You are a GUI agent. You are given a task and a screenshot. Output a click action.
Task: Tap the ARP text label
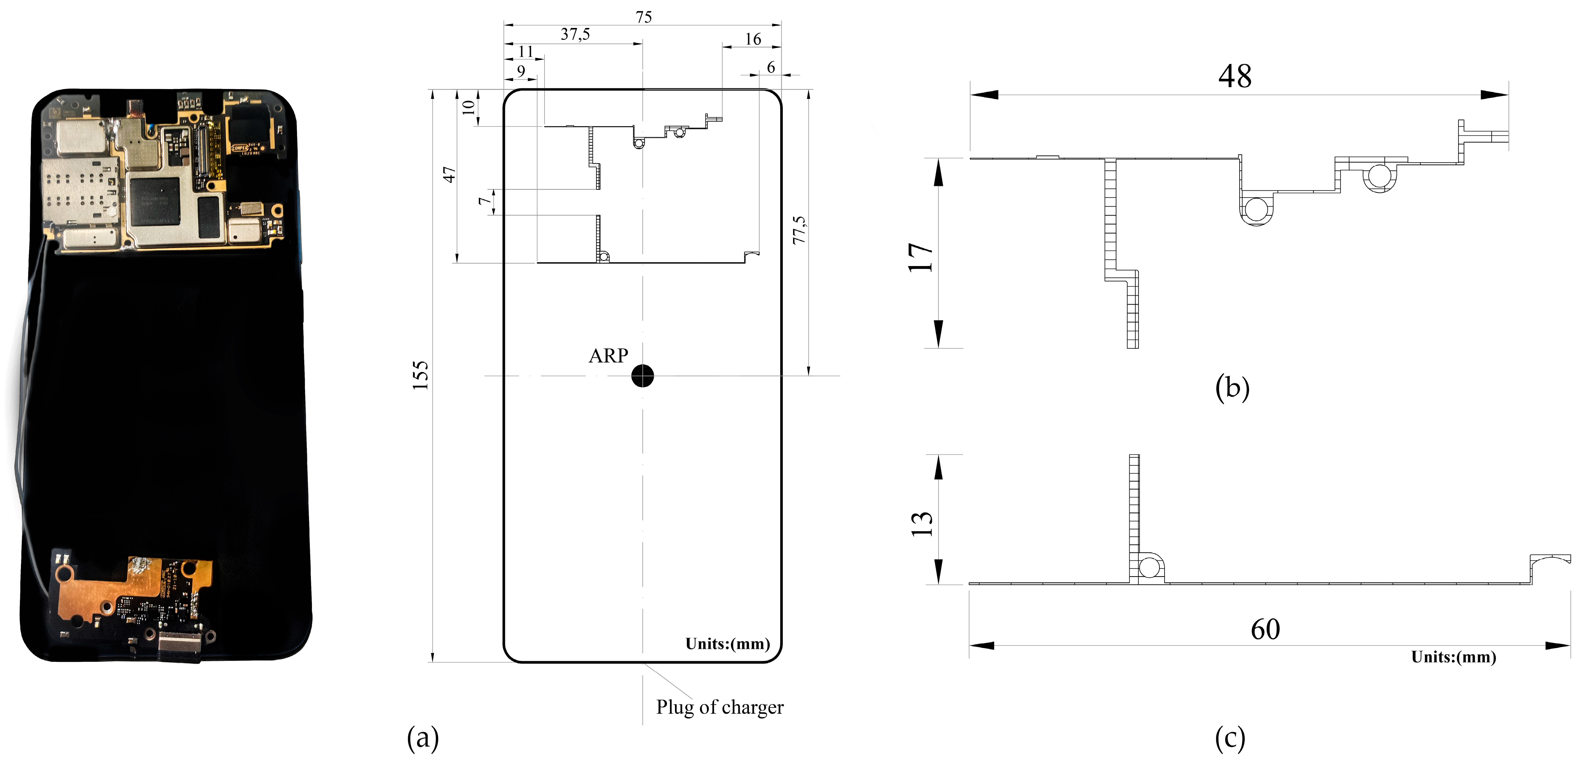tap(608, 355)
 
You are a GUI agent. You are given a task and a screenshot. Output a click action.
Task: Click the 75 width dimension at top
tap(643, 17)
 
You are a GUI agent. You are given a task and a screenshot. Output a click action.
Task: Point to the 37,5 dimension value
tap(575, 34)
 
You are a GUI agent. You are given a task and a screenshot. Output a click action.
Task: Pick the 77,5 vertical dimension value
tap(799, 230)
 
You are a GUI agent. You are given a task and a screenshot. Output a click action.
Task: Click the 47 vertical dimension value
tap(450, 174)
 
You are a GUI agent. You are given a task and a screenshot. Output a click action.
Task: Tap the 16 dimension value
tap(753, 39)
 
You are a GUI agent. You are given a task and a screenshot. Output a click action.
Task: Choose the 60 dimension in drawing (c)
tap(1265, 629)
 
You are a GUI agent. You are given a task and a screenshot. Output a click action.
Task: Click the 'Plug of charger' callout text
tap(719, 707)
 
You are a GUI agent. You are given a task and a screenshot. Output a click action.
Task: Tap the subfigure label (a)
tap(423, 737)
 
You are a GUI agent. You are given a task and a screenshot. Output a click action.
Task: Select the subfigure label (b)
tap(1232, 387)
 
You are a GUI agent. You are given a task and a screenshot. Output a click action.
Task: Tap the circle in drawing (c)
tap(1149, 567)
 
